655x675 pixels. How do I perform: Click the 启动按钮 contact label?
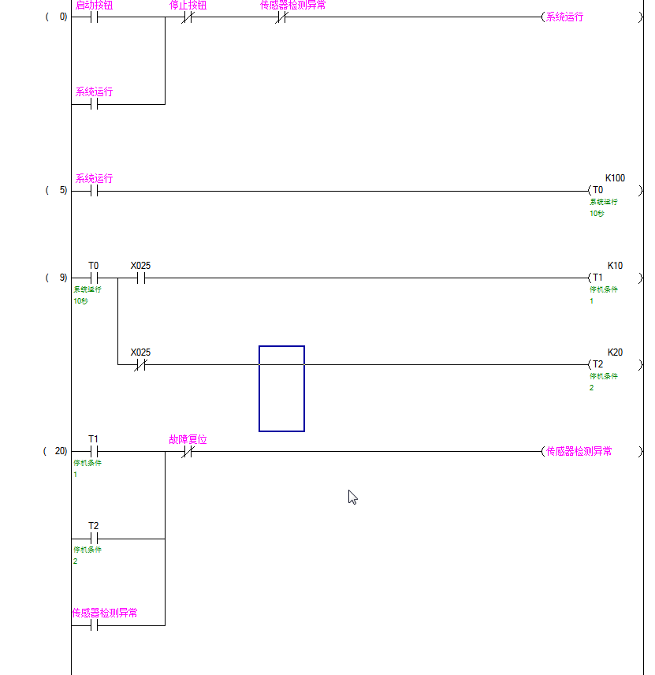(x=94, y=6)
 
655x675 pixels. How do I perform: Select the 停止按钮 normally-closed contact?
(x=188, y=17)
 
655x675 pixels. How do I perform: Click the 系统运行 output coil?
(x=564, y=17)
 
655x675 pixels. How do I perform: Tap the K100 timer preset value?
(x=615, y=178)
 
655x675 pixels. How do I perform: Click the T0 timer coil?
(x=597, y=190)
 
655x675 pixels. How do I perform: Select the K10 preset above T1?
(x=615, y=266)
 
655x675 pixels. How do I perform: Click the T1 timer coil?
(x=597, y=278)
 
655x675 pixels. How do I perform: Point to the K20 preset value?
(x=615, y=352)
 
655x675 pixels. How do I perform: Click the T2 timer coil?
(x=597, y=364)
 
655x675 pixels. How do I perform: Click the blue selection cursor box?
(x=281, y=389)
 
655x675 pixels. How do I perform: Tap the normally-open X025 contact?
(x=140, y=278)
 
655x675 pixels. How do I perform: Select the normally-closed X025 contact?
(x=140, y=365)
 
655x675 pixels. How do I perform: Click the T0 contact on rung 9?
(x=94, y=278)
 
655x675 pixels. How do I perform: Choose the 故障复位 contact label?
(x=188, y=439)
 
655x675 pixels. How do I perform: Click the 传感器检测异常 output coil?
(x=579, y=451)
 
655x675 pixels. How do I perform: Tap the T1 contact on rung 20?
(x=94, y=451)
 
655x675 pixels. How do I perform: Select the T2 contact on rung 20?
(x=94, y=539)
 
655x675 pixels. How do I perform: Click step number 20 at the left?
(x=60, y=452)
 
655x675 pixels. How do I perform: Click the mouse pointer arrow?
(x=352, y=497)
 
